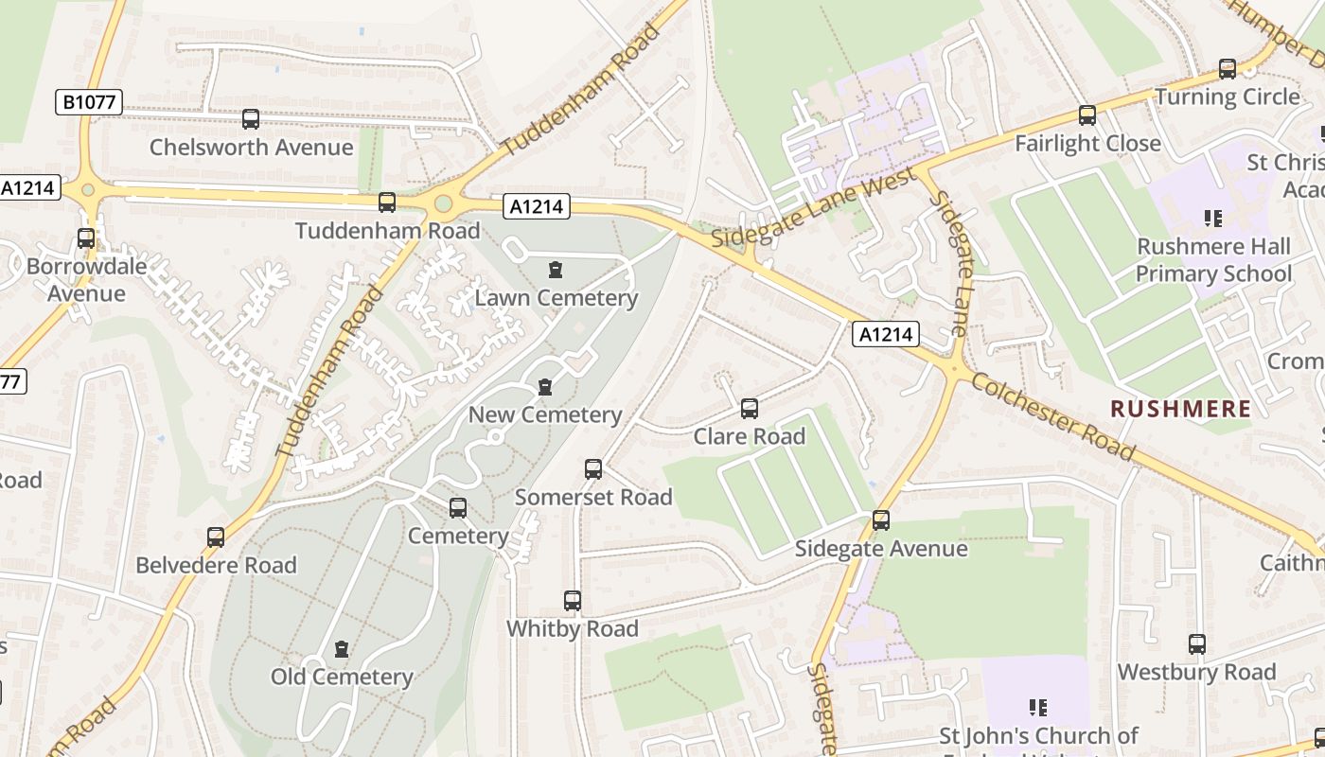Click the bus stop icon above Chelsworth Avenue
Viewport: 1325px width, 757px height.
click(251, 119)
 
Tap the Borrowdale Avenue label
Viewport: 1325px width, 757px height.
click(86, 279)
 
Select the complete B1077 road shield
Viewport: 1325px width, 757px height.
click(89, 102)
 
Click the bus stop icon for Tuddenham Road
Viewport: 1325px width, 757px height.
click(387, 202)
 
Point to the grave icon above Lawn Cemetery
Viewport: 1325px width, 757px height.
click(556, 270)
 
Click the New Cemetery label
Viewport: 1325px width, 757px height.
click(545, 414)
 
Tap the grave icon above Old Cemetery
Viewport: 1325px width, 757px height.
click(342, 649)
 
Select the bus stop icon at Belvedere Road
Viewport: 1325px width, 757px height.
click(216, 537)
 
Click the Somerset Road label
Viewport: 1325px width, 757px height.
click(593, 497)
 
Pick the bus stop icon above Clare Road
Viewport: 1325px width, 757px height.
click(750, 409)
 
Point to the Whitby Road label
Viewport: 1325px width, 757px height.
click(573, 628)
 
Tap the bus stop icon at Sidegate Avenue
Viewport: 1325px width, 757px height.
click(881, 520)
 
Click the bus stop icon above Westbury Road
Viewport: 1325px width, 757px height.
click(1197, 644)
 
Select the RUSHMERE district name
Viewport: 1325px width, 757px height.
click(1180, 409)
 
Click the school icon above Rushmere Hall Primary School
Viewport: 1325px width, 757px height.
click(1213, 219)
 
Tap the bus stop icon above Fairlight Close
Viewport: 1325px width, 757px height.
click(1087, 115)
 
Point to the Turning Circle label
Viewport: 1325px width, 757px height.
click(1227, 97)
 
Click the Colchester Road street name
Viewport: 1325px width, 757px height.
click(1052, 417)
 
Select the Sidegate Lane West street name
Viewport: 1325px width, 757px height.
click(813, 209)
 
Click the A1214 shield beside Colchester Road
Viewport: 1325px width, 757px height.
click(886, 333)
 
